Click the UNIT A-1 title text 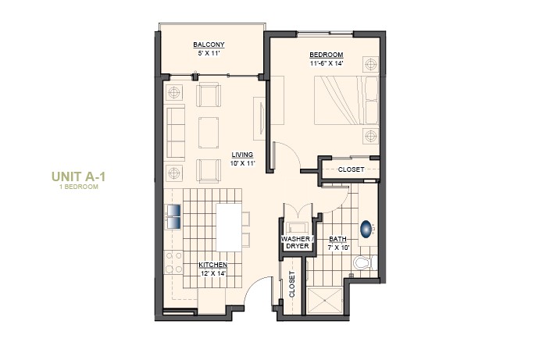pyautogui.click(x=78, y=176)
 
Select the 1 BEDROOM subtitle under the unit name pyautogui.click(x=78, y=187)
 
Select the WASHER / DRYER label pyautogui.click(x=297, y=242)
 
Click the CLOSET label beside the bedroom pyautogui.click(x=350, y=169)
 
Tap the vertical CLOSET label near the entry pyautogui.click(x=292, y=285)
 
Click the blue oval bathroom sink pyautogui.click(x=366, y=230)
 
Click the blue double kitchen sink pyautogui.click(x=173, y=216)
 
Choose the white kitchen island pyautogui.click(x=228, y=227)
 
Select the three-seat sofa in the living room pyautogui.click(x=176, y=132)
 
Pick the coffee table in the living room pyautogui.click(x=209, y=132)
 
